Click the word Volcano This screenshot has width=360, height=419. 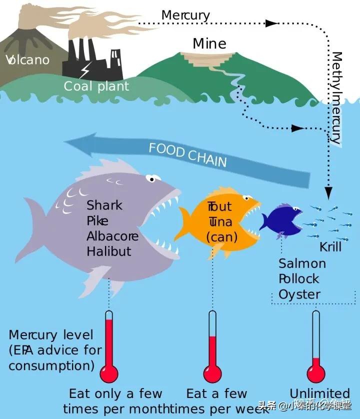(x=28, y=60)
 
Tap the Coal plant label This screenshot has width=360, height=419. (x=96, y=86)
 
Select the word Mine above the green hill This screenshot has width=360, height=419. (x=209, y=43)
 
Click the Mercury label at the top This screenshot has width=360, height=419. (x=185, y=15)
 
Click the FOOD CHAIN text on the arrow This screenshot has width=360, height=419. (x=187, y=154)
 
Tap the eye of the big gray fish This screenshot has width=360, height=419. (x=153, y=177)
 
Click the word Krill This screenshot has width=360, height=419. (x=330, y=247)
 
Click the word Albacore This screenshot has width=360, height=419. (x=112, y=236)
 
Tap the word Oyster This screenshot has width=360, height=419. (x=299, y=294)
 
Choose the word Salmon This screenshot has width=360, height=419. (x=302, y=263)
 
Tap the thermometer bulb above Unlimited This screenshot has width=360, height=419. (x=316, y=372)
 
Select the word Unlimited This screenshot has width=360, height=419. (x=320, y=393)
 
